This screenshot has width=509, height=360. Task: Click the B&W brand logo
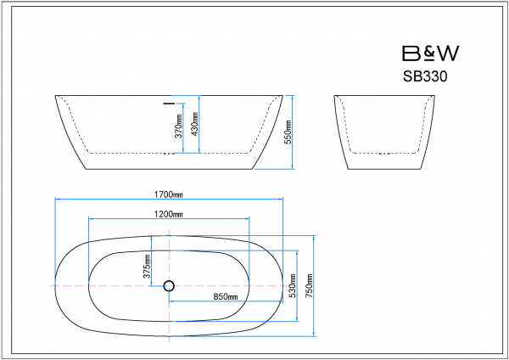430,53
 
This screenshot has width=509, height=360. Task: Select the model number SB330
425,76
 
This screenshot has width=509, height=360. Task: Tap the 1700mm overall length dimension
168,194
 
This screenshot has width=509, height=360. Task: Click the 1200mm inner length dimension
168,214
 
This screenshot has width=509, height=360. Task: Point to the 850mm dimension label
226,296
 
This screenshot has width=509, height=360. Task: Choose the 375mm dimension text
147,267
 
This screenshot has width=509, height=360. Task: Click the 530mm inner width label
293,285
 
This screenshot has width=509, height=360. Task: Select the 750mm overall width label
309,285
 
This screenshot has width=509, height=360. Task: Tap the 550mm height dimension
288,132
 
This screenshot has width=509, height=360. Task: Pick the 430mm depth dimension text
195,124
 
